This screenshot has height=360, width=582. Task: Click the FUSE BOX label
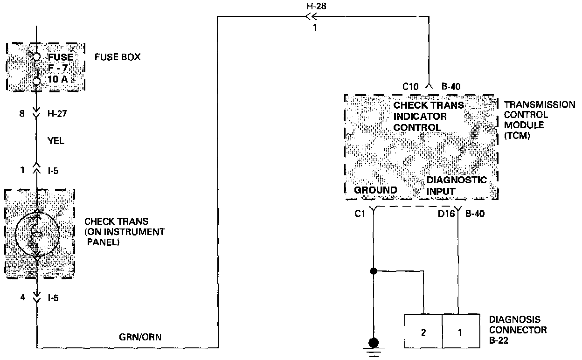[x=117, y=57]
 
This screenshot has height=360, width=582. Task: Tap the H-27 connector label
[x=57, y=113]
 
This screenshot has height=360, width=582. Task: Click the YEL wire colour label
[x=55, y=141]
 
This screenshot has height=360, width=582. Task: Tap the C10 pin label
[x=411, y=86]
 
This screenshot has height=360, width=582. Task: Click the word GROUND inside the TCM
[x=375, y=190]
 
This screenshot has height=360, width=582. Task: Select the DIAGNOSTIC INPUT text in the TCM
[x=456, y=186]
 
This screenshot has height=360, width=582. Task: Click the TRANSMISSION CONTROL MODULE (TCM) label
[x=539, y=120]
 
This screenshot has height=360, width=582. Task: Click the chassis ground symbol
[x=373, y=346]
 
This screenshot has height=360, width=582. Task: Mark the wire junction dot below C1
[x=373, y=270]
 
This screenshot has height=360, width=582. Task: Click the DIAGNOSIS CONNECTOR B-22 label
[x=518, y=330]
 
